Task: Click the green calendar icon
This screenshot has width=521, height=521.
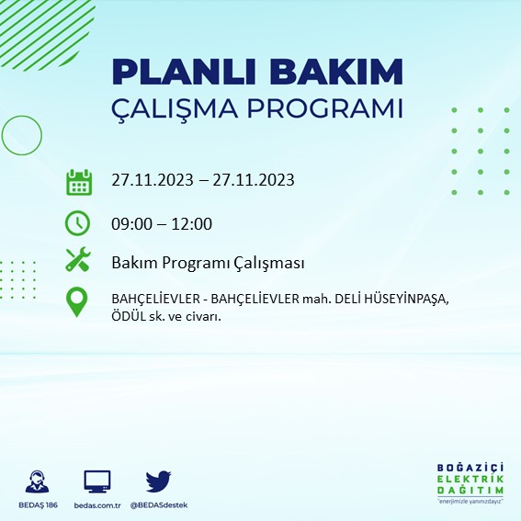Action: (79, 181)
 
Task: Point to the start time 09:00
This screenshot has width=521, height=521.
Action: (132, 223)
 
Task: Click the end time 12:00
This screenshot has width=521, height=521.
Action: (192, 223)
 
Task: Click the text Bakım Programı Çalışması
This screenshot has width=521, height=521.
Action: (207, 263)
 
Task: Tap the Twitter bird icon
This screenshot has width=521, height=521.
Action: (158, 481)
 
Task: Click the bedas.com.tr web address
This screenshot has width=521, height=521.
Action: (96, 505)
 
